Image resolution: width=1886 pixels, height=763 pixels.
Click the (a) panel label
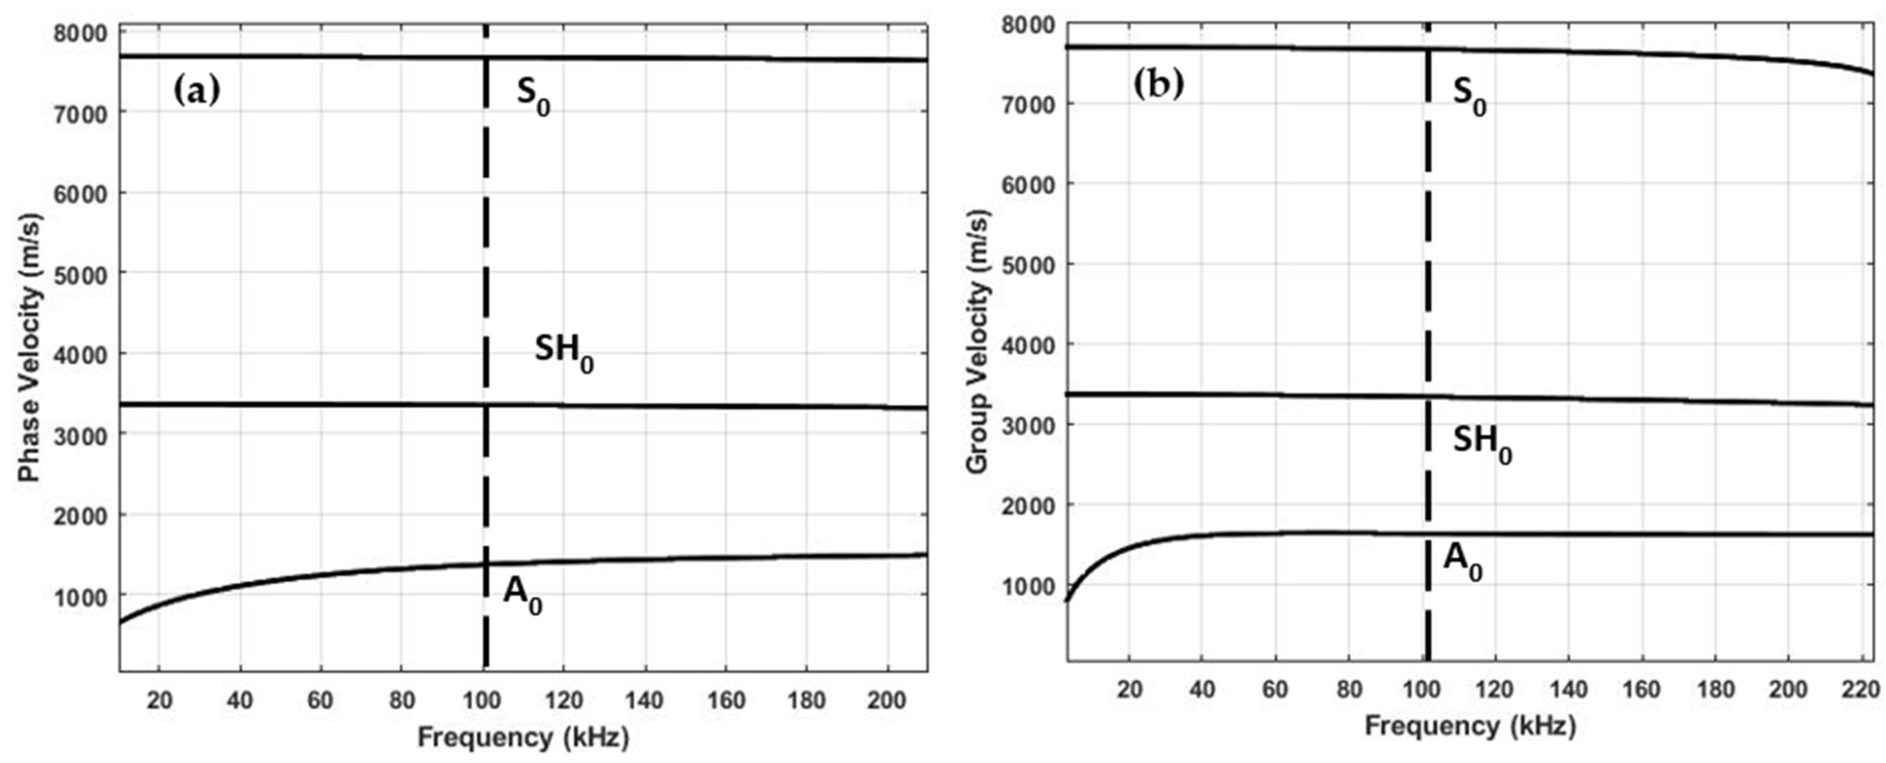[x=196, y=92]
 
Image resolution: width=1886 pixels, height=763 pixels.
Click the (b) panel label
[x=1158, y=85]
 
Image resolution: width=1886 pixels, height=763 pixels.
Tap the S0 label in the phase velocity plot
[x=533, y=96]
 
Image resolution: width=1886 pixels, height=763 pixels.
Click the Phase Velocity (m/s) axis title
[x=29, y=348]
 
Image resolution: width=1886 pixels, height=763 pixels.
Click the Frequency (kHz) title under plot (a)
[x=523, y=737]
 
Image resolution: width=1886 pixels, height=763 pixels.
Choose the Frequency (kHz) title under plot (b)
[x=1469, y=727]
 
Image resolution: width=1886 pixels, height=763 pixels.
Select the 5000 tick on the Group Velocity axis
[x=1027, y=265]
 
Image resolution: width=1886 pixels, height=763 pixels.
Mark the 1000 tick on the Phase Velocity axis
[x=81, y=596]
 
